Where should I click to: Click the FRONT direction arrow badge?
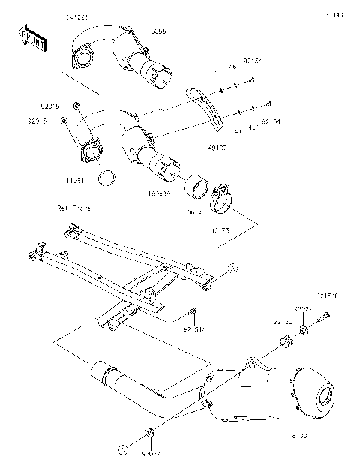(x=29, y=35)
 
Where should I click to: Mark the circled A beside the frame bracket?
(x=232, y=267)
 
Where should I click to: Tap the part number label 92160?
(x=281, y=322)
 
